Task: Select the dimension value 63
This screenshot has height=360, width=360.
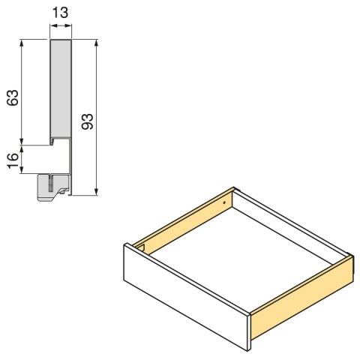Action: [12, 97]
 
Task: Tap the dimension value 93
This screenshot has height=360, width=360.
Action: [86, 122]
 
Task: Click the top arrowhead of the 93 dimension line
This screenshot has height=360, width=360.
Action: [97, 43]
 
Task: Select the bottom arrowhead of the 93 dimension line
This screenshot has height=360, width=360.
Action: [97, 192]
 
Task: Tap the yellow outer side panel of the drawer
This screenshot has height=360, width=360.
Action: [300, 300]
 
